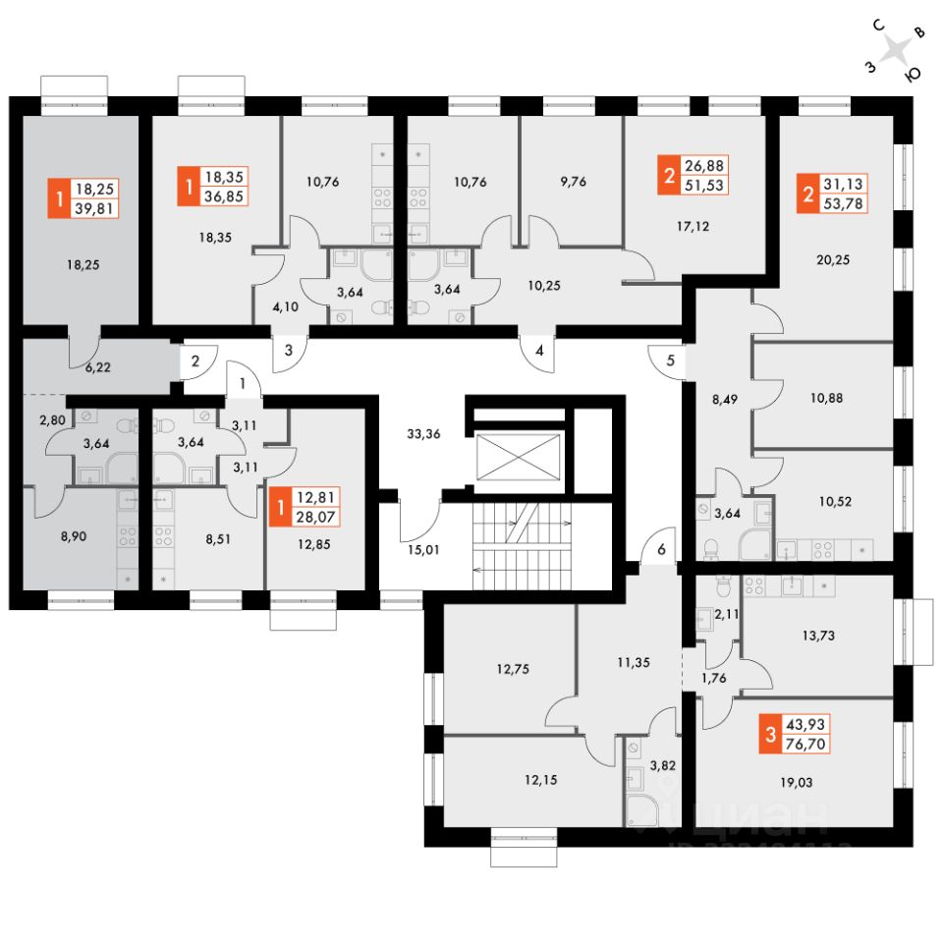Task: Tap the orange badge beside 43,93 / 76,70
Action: coord(772,733)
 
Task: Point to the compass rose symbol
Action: coord(894,51)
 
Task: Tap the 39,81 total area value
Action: coord(96,206)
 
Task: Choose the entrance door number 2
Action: coord(195,361)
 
